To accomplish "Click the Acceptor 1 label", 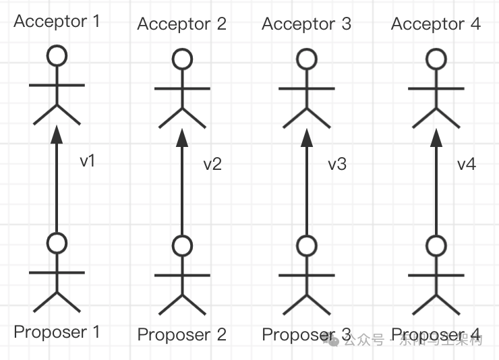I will pyautogui.click(x=57, y=21).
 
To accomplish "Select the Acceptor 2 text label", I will pyautogui.click(x=181, y=25).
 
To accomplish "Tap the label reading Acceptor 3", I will pyautogui.click(x=306, y=25).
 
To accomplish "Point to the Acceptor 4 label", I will pyautogui.click(x=436, y=25).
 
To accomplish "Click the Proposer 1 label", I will pyautogui.click(x=57, y=332).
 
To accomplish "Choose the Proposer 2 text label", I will pyautogui.click(x=181, y=334).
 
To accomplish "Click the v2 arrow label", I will pyautogui.click(x=212, y=164).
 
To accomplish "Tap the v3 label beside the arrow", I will pyautogui.click(x=337, y=164).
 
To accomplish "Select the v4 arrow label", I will pyautogui.click(x=467, y=164).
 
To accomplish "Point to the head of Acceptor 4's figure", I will pyautogui.click(x=436, y=59).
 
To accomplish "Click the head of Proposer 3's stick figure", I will pyautogui.click(x=307, y=245).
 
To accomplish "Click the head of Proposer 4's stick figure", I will pyautogui.click(x=436, y=245).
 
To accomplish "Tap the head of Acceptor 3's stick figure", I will pyautogui.click(x=307, y=59).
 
